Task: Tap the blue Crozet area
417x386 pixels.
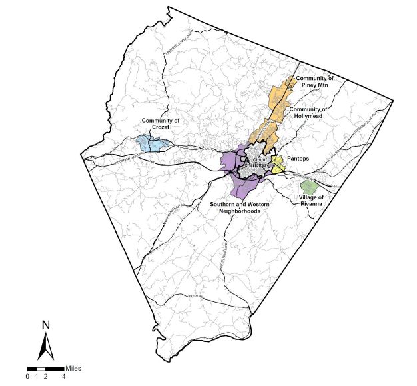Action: pos(151,143)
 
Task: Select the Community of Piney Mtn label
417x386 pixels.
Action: pos(315,82)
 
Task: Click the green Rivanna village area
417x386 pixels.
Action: pos(308,187)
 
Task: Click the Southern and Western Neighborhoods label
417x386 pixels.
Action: pos(240,207)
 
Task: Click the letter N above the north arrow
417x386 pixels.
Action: pos(45,326)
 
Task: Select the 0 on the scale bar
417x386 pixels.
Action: pos(28,377)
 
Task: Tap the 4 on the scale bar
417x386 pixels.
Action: pos(63,377)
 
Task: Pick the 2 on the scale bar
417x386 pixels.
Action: pos(45,377)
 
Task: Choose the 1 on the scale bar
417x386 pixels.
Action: pos(37,377)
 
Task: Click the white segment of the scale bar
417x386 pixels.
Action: pos(41,369)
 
